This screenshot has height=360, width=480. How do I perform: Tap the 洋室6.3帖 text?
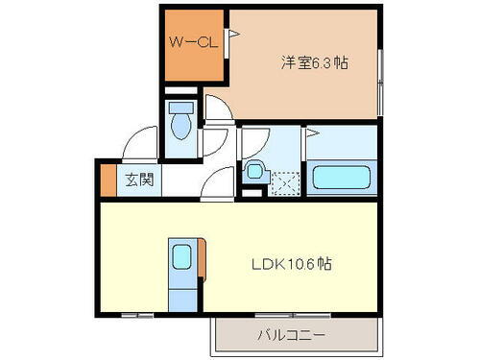[314, 62]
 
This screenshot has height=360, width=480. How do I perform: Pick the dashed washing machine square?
[284, 180]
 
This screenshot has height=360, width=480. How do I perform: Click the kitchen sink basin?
[181, 257]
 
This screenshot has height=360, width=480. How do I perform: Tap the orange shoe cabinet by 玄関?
[107, 178]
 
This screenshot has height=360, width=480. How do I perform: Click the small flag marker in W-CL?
[231, 34]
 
